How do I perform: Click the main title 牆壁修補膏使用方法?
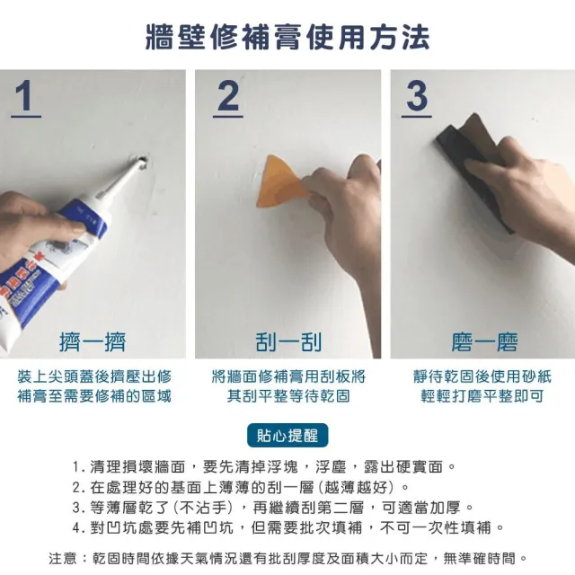click(287, 37)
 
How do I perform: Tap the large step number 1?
click(26, 96)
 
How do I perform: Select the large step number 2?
click(227, 96)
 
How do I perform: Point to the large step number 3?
click(417, 96)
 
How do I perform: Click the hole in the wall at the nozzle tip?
click(142, 162)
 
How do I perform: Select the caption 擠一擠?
click(93, 341)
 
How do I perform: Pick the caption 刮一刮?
click(288, 341)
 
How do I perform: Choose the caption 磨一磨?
click(484, 341)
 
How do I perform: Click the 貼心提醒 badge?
click(287, 435)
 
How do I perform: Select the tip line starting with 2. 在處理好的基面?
click(241, 487)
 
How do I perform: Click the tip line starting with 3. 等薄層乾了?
click(273, 508)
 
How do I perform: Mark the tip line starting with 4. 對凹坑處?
click(288, 528)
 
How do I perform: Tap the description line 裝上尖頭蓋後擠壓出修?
click(94, 376)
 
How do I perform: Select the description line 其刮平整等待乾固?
click(288, 396)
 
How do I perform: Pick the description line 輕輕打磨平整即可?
click(482, 396)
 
